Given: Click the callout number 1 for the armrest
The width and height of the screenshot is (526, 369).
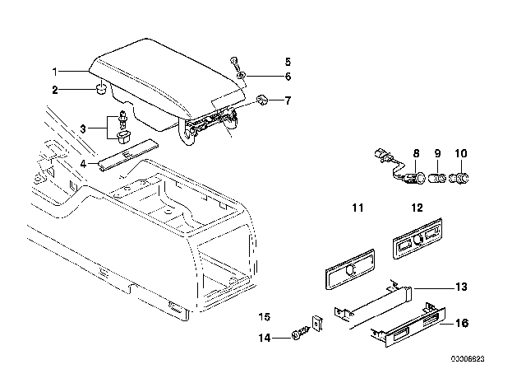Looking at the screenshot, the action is [55, 72].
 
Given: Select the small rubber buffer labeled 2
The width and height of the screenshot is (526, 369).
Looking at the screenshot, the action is [101, 90].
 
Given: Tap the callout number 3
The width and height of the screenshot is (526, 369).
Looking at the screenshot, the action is [83, 128].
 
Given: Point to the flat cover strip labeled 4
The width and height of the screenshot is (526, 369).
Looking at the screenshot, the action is [128, 153].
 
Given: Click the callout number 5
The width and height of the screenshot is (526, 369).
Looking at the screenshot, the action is [288, 62].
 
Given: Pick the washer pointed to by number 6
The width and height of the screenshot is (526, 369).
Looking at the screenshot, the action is [241, 75].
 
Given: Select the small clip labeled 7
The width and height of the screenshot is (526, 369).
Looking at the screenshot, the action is [261, 99].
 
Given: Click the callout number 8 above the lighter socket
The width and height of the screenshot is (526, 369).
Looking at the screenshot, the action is [416, 153].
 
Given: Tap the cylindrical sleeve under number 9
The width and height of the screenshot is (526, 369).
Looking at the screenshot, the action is [437, 178].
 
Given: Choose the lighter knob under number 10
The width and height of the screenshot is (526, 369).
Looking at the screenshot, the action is [460, 178].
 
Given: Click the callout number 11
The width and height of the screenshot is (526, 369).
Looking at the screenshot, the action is [358, 208].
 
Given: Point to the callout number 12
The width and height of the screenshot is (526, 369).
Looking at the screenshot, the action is [417, 208].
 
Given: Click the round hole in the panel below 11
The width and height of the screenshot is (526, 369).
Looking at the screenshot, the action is [351, 269].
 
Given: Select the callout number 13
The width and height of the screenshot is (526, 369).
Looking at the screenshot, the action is [461, 287].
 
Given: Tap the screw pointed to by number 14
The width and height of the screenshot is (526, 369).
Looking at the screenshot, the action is [297, 335].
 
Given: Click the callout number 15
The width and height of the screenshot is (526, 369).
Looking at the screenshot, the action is [265, 317].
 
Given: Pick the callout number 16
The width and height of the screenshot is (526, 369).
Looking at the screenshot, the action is [462, 323].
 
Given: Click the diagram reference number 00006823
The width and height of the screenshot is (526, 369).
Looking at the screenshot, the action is [468, 359].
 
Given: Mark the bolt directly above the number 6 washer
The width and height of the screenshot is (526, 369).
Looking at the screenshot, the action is [233, 63].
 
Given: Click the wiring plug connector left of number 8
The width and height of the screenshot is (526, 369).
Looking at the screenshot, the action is [382, 155].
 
